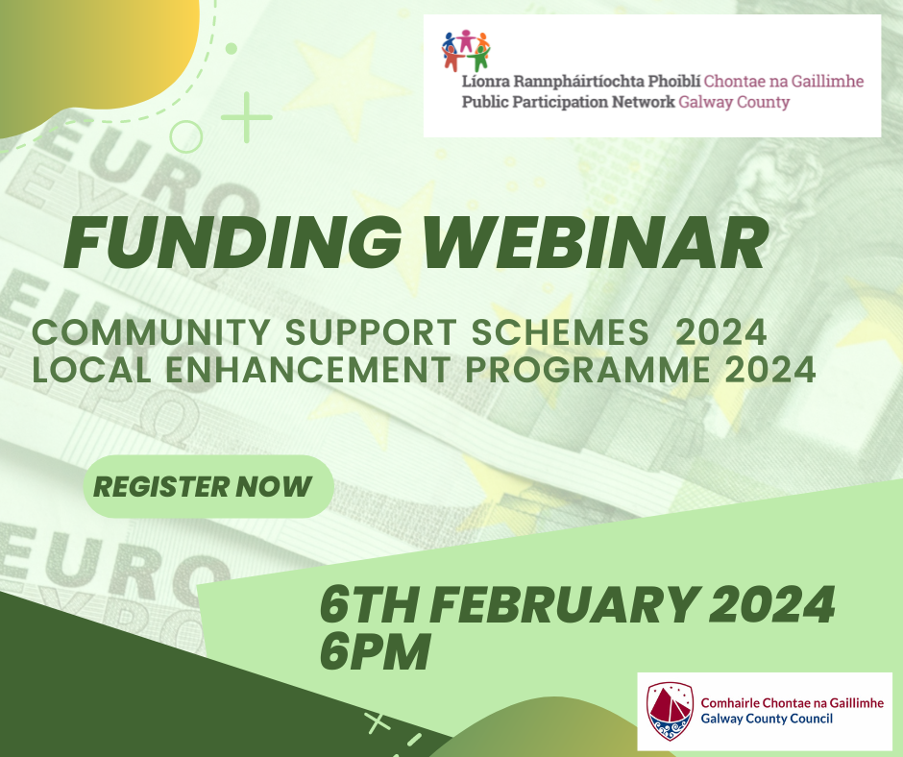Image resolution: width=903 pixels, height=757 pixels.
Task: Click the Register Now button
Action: coord(203,486)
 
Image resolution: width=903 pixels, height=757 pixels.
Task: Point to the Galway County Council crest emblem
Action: coord(670,711)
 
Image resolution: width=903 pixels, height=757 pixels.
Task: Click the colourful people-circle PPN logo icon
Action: coord(466,50)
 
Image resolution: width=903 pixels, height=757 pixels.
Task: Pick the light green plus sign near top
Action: coord(247,119)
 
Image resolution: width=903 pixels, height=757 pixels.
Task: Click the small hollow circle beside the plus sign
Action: coord(185,136)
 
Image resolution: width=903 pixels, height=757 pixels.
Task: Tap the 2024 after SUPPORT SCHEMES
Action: coord(720,334)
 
